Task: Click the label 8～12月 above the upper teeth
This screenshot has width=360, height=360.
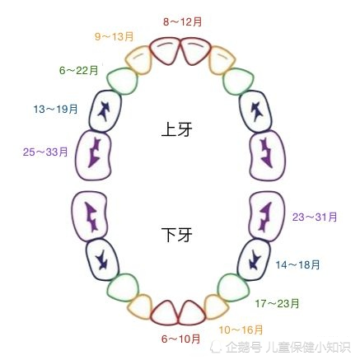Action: tap(183, 21)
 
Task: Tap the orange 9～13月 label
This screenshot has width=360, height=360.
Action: tap(115, 36)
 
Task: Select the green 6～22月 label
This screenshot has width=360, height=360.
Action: tap(79, 70)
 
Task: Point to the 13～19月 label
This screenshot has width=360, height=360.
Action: tap(55, 109)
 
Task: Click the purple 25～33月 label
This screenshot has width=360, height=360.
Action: tap(45, 152)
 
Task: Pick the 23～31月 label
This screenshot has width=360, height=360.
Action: tap(315, 217)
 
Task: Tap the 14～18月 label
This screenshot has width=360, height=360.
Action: tap(297, 265)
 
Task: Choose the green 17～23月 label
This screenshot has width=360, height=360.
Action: tap(277, 303)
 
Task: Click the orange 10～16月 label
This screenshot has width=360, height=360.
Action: tap(241, 330)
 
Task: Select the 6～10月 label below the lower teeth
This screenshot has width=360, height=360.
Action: tap(180, 339)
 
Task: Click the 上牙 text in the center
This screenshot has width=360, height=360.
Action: tap(177, 129)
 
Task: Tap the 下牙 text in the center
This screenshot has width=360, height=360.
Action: tap(177, 235)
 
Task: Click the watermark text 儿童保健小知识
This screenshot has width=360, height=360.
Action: tap(308, 348)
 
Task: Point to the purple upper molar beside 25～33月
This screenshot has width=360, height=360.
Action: tap(93, 156)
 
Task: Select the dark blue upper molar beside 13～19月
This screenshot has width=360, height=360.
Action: tap(105, 111)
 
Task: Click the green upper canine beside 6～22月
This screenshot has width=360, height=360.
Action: tap(122, 81)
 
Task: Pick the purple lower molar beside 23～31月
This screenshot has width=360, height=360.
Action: tap(266, 217)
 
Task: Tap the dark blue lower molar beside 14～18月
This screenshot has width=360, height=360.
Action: tap(254, 259)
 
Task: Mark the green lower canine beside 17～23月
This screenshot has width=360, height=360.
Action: tap(233, 288)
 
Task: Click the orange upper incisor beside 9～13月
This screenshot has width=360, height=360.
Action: tap(138, 60)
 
